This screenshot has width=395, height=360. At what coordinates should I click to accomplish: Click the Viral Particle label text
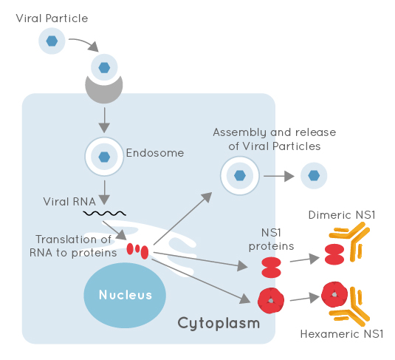coord(52,18)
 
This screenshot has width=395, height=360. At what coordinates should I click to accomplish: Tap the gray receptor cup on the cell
coord(104,92)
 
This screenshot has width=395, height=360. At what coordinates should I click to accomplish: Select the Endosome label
coord(155,153)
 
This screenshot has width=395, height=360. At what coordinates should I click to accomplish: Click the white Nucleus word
coord(126,295)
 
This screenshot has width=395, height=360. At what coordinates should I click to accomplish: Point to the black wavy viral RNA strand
coord(105,214)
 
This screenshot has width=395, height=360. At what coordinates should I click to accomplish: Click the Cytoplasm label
coord(219,323)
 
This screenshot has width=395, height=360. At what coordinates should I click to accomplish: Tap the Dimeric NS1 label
coord(342,215)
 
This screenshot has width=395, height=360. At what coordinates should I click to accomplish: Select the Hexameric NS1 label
coord(342,334)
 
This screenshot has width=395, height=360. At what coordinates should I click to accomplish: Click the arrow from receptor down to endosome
coord(104,120)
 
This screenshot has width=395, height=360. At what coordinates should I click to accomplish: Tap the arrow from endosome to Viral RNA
coord(104,192)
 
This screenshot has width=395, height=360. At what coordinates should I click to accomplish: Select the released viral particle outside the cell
coord(314,176)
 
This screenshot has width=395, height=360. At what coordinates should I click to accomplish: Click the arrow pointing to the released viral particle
coord(279,176)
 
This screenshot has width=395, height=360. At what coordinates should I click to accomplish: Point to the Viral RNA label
coord(69,202)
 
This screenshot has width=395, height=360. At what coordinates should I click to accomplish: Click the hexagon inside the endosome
coord(104,157)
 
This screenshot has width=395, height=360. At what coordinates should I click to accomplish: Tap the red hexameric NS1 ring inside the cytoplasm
coord(271,300)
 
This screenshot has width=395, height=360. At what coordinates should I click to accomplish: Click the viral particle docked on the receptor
coord(104,67)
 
